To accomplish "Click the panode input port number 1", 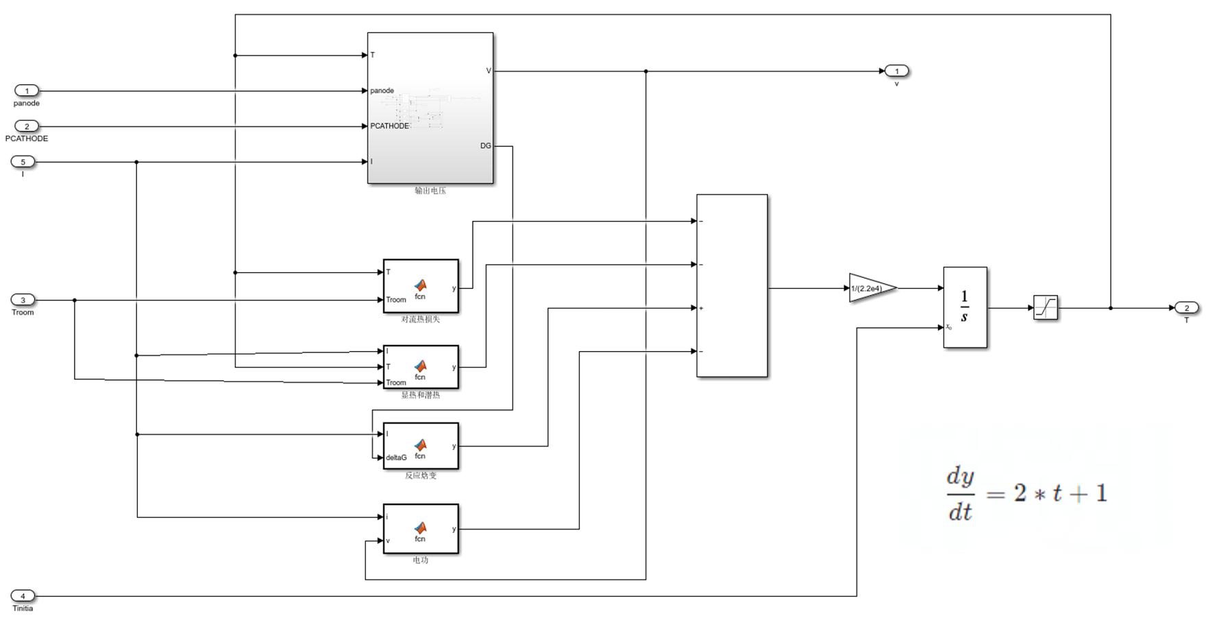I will pyautogui.click(x=27, y=91).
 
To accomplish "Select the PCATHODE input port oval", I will pyautogui.click(x=27, y=126).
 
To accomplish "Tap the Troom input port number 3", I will pyautogui.click(x=23, y=300).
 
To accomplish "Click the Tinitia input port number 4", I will pyautogui.click(x=23, y=596).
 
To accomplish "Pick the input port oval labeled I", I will pyautogui.click(x=23, y=162).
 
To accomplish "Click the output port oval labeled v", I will pyautogui.click(x=896, y=71).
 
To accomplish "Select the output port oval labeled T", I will pyautogui.click(x=1186, y=308).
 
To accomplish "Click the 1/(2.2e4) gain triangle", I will pyautogui.click(x=870, y=288).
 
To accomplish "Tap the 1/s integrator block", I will pyautogui.click(x=965, y=307).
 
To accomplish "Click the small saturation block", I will pyautogui.click(x=1045, y=307).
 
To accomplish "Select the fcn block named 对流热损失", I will pyautogui.click(x=421, y=286).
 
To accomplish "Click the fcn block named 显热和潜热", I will pyautogui.click(x=421, y=367).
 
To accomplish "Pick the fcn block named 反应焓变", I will pyautogui.click(x=421, y=446).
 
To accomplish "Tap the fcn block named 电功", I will pyautogui.click(x=421, y=529).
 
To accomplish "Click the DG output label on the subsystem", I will pyautogui.click(x=485, y=146).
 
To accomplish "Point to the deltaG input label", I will pyautogui.click(x=396, y=457).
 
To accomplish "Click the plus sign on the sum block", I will pyautogui.click(x=702, y=308).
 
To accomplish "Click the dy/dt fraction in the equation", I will pyautogui.click(x=960, y=494).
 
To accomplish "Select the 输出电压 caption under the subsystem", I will pyautogui.click(x=430, y=191).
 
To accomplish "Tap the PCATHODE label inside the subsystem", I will pyautogui.click(x=389, y=126).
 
